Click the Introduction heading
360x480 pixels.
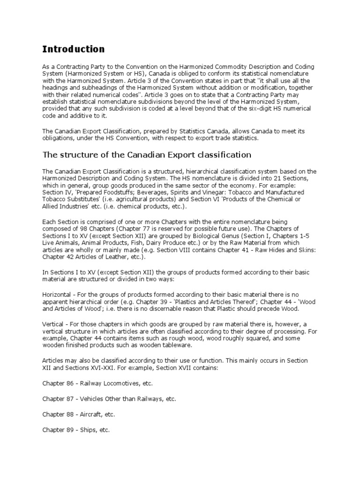(74, 49)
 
